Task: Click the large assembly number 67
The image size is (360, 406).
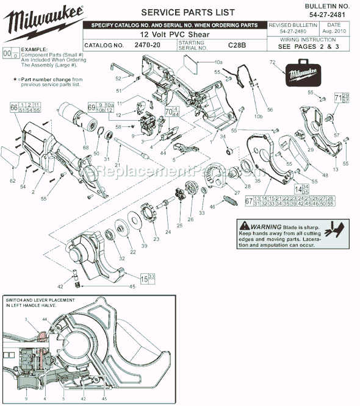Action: click(x=249, y=202)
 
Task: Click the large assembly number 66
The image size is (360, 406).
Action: click(x=13, y=107)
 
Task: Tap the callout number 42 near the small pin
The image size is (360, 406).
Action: click(x=60, y=285)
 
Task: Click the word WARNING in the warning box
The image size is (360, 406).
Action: click(x=264, y=225)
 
